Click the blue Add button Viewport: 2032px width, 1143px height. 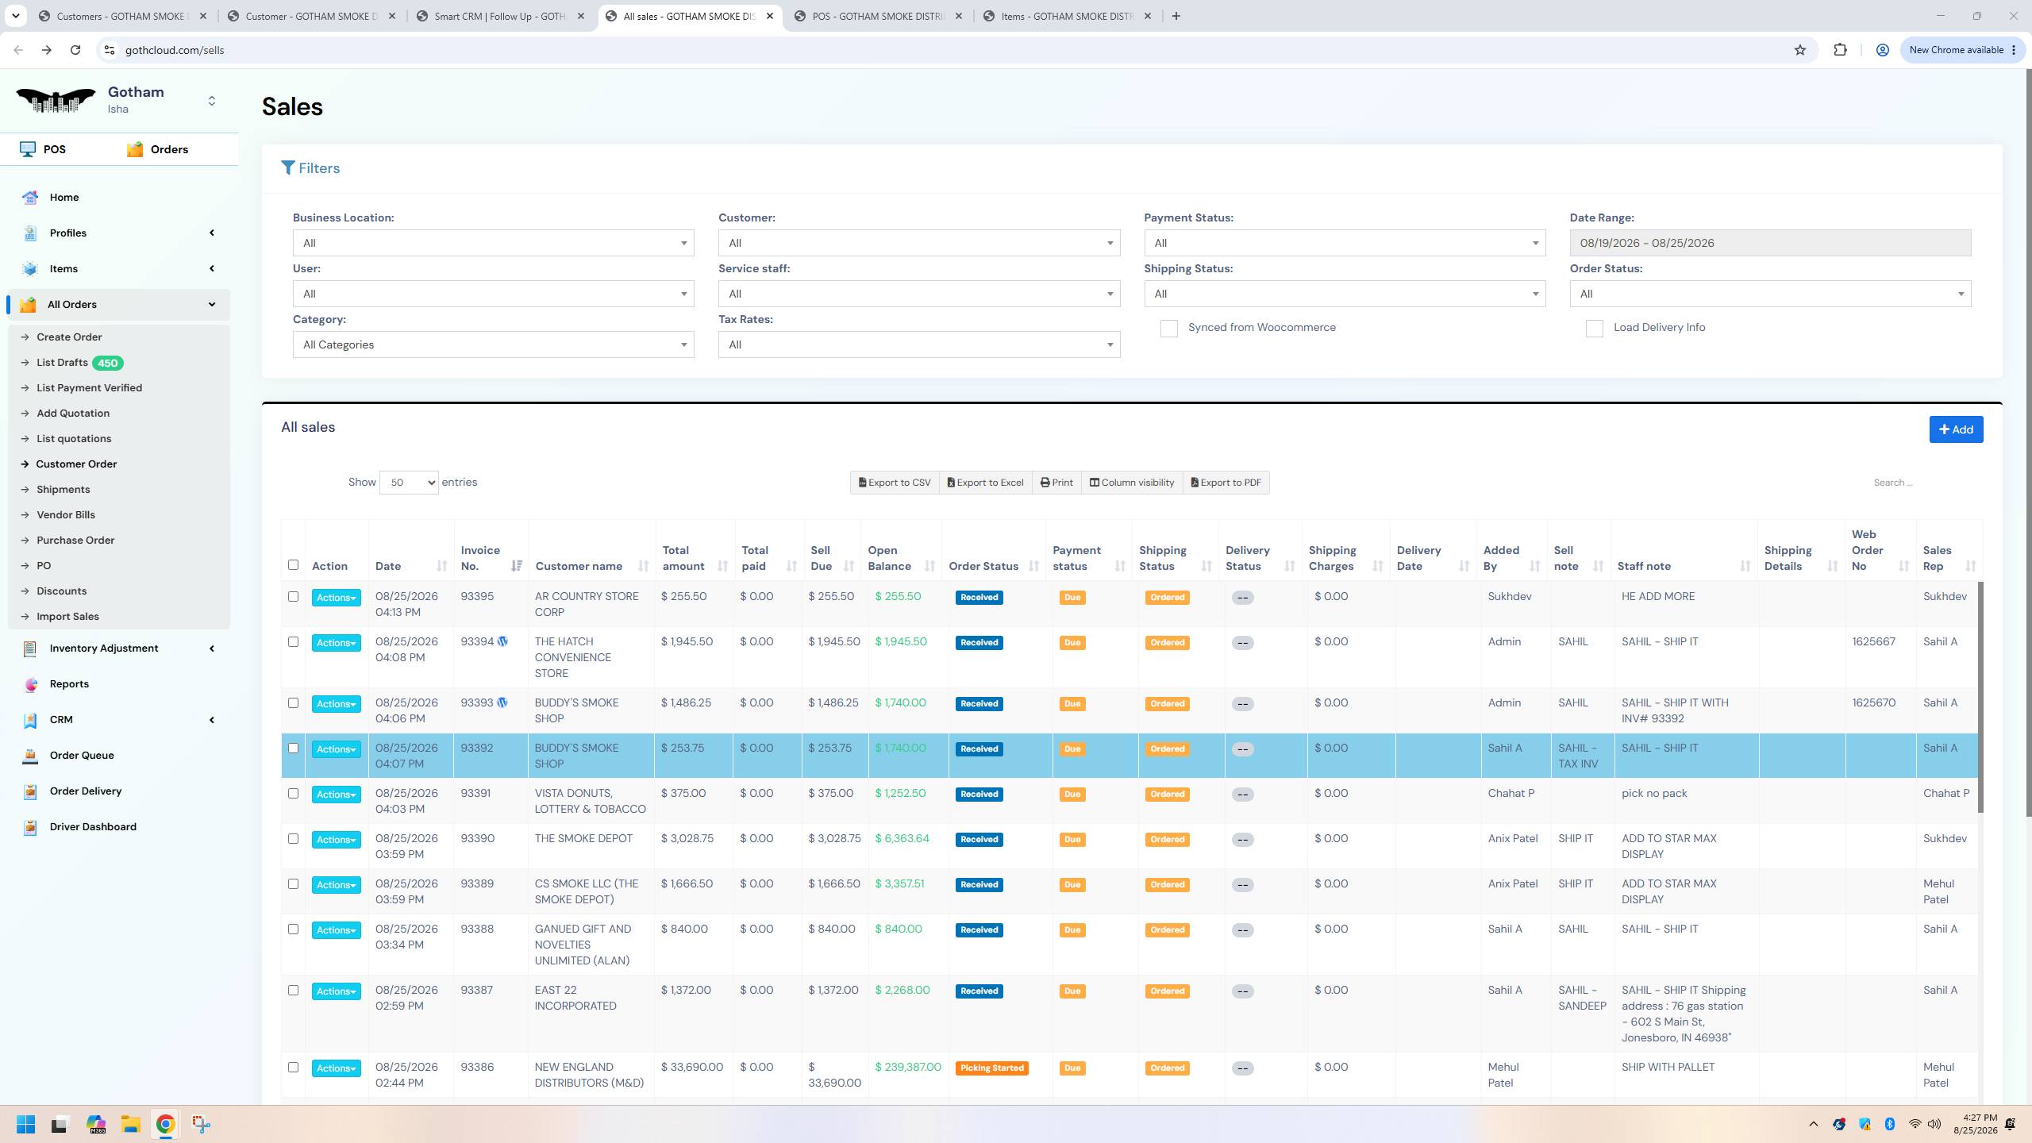(1956, 429)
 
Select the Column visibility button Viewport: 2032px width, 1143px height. (1132, 483)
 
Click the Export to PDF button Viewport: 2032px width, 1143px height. (1226, 483)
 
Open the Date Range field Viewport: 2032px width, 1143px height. (1770, 243)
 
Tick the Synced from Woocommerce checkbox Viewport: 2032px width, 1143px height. (1168, 329)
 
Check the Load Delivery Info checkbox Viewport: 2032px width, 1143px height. (1594, 329)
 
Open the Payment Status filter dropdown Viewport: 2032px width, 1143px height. (1345, 243)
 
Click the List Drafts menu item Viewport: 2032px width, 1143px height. (62, 363)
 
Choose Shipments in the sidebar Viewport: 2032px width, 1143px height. (63, 490)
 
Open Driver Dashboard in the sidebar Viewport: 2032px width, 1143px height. (93, 827)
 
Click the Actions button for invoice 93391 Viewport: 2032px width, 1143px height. (336, 795)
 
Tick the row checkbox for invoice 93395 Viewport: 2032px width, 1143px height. (293, 596)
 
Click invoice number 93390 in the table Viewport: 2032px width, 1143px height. (478, 838)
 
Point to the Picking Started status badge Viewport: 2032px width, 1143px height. (992, 1068)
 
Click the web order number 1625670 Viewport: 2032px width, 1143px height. (1873, 703)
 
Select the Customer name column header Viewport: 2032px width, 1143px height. (579, 566)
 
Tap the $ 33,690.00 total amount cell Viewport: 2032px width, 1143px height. (692, 1068)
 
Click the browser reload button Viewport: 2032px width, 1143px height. (75, 50)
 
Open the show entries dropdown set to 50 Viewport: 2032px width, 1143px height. (409, 483)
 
